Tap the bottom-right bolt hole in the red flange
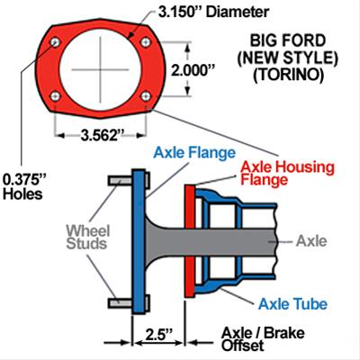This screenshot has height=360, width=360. [x=144, y=96]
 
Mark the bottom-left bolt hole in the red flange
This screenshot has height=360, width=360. [x=57, y=96]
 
